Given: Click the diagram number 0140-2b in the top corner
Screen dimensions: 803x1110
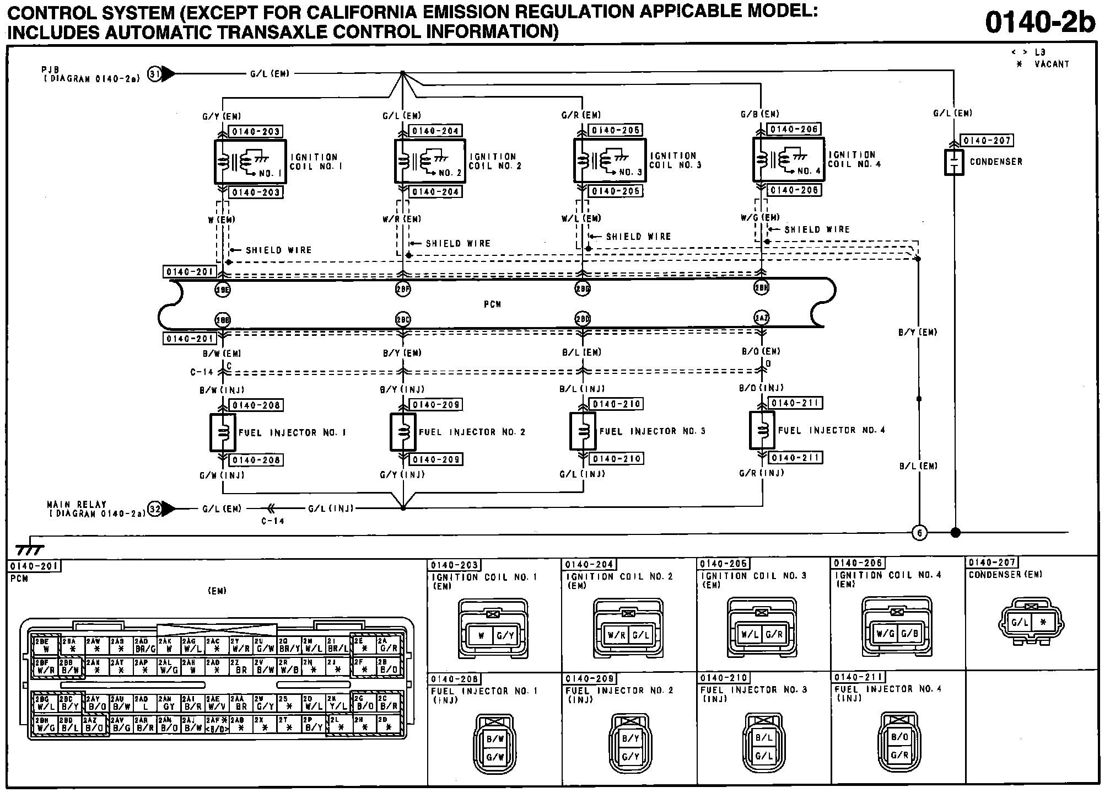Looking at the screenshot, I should tap(1039, 23).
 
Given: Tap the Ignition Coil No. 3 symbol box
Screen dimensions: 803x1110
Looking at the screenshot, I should tap(610, 160).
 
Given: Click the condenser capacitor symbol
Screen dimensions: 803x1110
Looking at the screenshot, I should tap(954, 162).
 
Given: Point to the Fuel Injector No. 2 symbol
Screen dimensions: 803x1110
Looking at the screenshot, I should tap(403, 432).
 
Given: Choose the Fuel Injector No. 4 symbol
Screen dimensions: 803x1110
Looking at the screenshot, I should tap(762, 430).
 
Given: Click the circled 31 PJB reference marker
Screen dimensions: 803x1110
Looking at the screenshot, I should tap(155, 73).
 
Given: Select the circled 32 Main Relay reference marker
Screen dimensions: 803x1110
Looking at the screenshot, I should tap(155, 508).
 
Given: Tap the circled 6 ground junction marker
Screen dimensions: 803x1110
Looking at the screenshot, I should tap(919, 533).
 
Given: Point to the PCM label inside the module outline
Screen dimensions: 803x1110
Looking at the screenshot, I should tap(492, 304).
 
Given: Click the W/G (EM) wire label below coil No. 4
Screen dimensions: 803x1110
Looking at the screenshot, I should tap(760, 218).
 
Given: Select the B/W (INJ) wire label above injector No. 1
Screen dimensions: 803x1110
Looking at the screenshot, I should tap(222, 390).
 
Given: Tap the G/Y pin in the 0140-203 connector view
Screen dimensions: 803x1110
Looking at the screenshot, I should tap(505, 635).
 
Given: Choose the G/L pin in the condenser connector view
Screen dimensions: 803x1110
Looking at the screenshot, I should tap(1019, 623).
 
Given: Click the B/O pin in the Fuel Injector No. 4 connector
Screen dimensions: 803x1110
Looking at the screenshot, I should tap(899, 737).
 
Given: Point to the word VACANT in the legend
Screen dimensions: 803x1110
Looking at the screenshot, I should tap(1052, 64).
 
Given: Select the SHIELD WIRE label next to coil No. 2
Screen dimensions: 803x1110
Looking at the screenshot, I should tap(457, 243).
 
